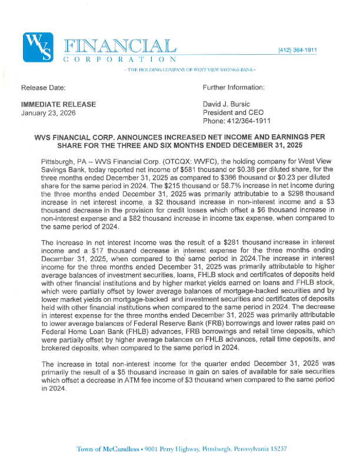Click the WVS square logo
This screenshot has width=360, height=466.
click(39, 46)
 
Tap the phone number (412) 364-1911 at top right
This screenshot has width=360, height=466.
click(298, 50)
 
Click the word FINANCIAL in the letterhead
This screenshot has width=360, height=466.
click(120, 45)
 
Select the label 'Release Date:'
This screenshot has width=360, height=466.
click(43, 88)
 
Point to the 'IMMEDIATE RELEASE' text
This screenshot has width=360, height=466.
click(58, 104)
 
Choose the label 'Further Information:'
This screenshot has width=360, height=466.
click(234, 88)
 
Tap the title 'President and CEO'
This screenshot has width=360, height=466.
click(232, 112)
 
